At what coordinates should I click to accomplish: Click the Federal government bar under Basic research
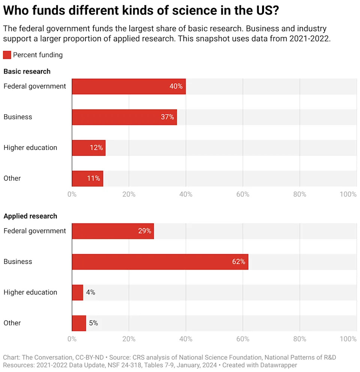[129, 86]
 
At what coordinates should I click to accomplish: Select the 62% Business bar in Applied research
[160, 262]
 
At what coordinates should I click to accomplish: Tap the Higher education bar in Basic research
[88, 148]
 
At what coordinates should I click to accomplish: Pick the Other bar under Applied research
[79, 323]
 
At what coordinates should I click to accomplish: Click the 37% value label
[168, 117]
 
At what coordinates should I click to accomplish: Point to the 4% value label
[90, 292]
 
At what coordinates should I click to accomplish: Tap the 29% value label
[144, 231]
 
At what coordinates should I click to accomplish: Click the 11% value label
[93, 178]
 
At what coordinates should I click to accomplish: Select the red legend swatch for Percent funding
[7, 55]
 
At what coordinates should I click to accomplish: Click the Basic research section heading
[27, 71]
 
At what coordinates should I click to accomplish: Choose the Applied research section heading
[30, 216]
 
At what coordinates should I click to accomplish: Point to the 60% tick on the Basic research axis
[243, 194]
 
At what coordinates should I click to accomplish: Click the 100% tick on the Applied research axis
[348, 339]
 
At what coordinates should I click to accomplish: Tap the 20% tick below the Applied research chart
[129, 339]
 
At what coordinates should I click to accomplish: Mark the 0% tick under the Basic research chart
[72, 194]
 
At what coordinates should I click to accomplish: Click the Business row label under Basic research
[18, 117]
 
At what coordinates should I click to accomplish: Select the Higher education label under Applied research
[30, 292]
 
